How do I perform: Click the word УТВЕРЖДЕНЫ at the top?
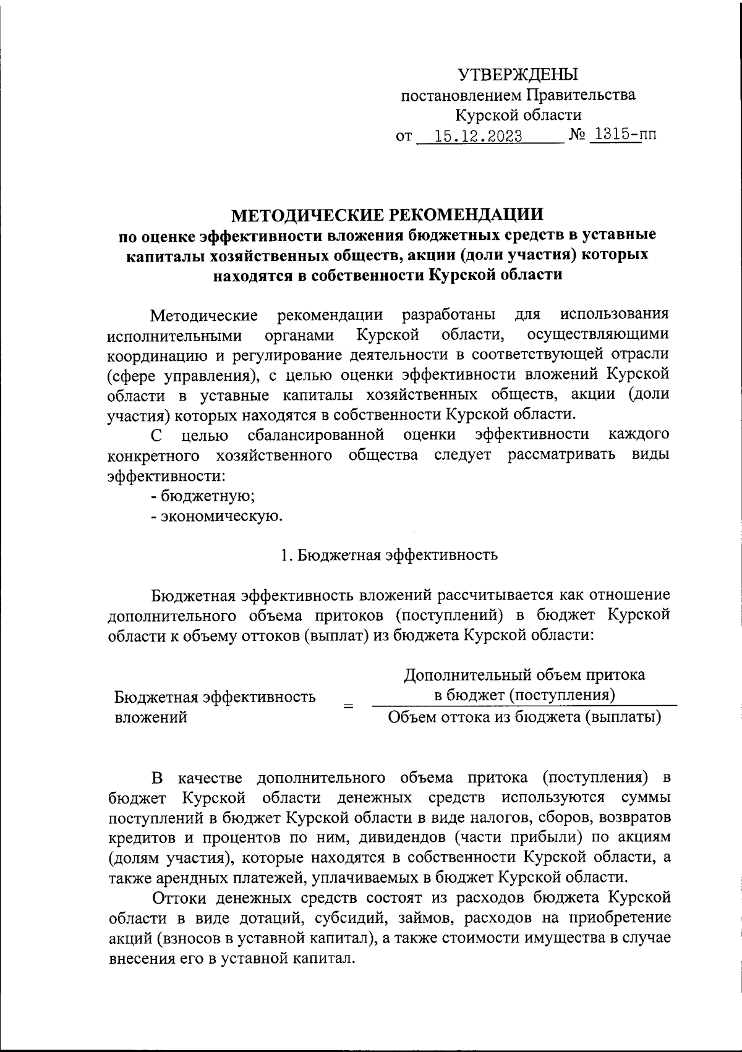coord(518,75)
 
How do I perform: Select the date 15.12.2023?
coord(478,136)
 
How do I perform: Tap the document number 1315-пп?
coord(623,135)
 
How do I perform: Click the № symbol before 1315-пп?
coord(577,135)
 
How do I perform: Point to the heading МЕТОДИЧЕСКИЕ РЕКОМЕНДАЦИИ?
coord(388,214)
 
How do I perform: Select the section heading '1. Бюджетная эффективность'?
coord(388,554)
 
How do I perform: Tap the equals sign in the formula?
coord(349,706)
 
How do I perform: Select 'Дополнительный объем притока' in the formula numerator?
coord(524,674)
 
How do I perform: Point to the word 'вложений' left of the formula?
coord(151,717)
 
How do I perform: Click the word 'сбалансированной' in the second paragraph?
coord(316,435)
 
